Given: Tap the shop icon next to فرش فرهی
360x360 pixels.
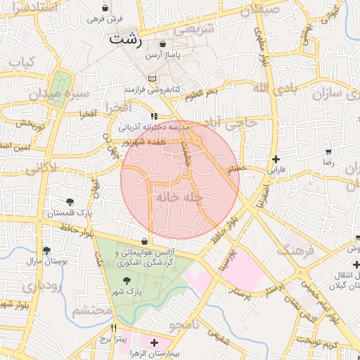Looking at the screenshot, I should point(104,7).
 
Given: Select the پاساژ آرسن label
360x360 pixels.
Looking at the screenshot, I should point(163,54).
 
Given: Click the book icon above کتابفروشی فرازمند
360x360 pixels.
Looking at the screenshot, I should point(153,79).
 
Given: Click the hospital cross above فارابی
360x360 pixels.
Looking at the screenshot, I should point(276,159).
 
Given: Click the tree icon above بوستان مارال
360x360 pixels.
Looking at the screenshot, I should point(46,250).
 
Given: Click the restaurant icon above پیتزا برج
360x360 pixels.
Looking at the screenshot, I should point(114,328).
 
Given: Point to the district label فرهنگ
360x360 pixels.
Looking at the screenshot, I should point(295,247).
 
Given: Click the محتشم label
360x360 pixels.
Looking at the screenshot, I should point(92,310).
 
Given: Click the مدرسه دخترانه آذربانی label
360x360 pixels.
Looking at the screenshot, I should point(146,128).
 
